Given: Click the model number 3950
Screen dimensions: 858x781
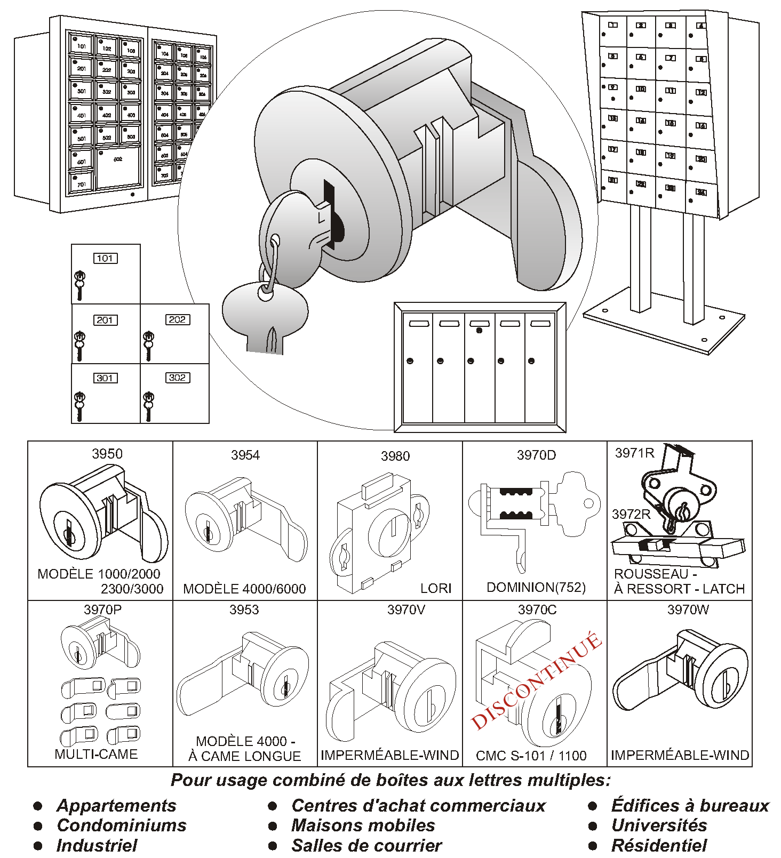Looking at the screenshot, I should (107, 454).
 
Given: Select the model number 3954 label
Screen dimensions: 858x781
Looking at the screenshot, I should (245, 455).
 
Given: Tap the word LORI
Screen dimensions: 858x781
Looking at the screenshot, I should (436, 588).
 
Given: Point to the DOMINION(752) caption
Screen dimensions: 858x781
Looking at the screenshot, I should (536, 587).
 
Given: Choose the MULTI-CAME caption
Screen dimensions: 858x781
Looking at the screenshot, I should (96, 754).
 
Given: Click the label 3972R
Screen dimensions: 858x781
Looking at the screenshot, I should (631, 514).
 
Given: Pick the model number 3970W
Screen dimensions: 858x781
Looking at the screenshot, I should (688, 610).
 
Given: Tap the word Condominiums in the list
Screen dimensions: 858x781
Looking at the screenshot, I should (122, 825).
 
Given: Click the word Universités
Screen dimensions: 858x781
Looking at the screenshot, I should (659, 825).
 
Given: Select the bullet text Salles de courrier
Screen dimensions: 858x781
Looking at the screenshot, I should (366, 846).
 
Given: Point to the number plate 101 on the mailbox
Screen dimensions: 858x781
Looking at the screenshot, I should (105, 259).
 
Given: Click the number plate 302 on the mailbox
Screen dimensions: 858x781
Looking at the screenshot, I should (177, 378).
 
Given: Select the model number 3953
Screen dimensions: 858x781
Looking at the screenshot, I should (244, 610).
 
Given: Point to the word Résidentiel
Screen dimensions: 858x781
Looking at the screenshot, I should (659, 846).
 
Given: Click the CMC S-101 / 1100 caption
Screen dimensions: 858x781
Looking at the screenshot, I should (531, 756).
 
